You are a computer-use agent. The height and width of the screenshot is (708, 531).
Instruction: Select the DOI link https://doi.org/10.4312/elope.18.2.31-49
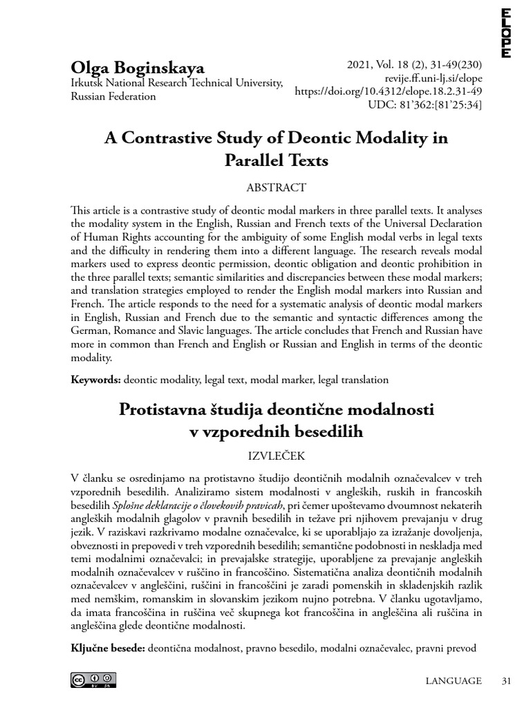[x=389, y=91]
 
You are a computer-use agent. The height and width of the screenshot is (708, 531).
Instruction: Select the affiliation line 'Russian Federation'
[x=113, y=96]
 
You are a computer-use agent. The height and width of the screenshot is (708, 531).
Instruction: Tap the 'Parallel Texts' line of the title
[x=276, y=161]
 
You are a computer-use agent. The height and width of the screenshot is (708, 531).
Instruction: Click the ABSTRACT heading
[x=276, y=187]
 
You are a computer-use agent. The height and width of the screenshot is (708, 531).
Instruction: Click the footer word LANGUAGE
[x=454, y=681]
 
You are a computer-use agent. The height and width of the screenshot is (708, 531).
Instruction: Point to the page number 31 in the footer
[x=505, y=681]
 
